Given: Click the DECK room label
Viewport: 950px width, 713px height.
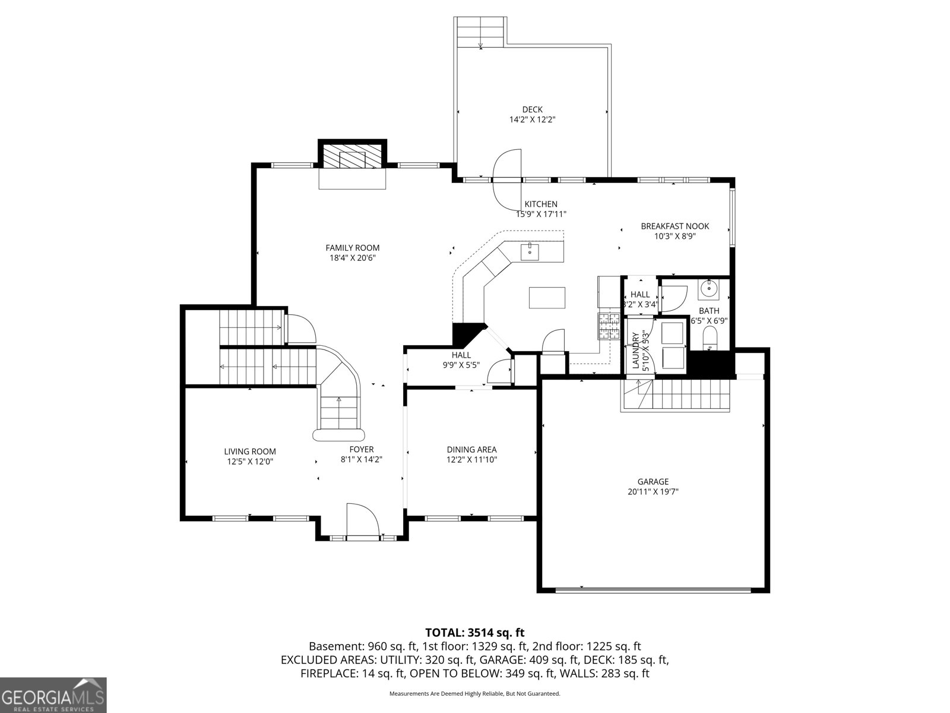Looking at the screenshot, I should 532,109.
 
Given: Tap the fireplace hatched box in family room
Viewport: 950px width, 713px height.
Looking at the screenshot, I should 352,158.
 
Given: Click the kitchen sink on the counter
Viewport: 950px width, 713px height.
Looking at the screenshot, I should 530,251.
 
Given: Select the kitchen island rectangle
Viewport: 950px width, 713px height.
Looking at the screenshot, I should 546,297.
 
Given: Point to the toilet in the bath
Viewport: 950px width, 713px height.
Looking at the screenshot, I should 710,339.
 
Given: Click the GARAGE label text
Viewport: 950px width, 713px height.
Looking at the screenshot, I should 653,482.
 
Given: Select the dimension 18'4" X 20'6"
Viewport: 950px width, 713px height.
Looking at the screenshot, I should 353,258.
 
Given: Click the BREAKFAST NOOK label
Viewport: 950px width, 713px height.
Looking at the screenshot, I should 674,226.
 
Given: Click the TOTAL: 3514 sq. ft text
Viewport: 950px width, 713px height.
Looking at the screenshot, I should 475,633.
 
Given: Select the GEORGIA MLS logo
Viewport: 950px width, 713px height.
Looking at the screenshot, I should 53,695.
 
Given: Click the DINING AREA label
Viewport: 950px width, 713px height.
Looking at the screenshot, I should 471,450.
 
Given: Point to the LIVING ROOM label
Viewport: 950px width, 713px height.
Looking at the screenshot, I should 250,452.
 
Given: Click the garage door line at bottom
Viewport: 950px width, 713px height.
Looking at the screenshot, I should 653,589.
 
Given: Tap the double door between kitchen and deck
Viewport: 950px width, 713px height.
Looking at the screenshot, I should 507,179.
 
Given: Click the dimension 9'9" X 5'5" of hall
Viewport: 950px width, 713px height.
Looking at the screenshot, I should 461,365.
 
